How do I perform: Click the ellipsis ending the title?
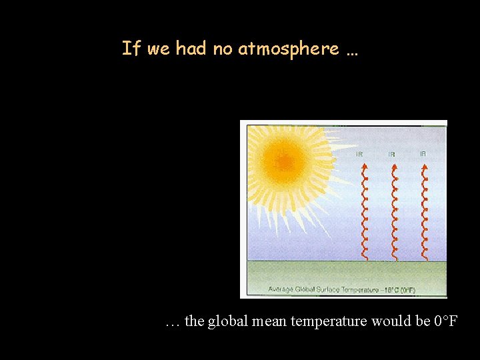(351, 51)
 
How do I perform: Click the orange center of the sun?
(284, 162)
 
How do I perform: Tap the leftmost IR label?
(359, 153)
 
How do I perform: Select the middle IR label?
(391, 154)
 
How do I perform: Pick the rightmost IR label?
(423, 153)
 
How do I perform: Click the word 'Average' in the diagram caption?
(281, 289)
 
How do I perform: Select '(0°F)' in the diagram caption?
(407, 289)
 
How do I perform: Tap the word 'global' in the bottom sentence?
(227, 321)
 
